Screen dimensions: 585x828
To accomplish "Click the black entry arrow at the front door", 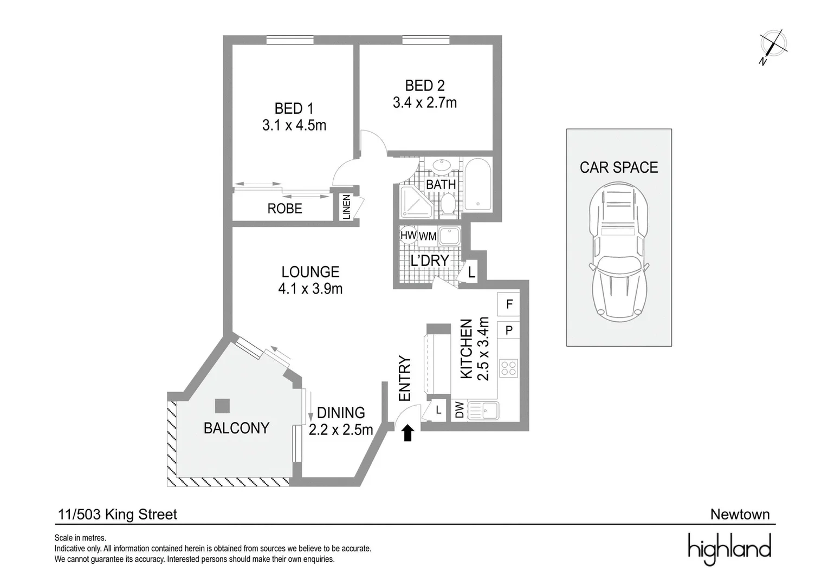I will (x=408, y=433).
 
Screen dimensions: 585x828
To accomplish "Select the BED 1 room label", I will (x=294, y=108).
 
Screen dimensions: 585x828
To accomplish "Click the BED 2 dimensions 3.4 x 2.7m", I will (x=424, y=102).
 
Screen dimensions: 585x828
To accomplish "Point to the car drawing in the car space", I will (x=619, y=250).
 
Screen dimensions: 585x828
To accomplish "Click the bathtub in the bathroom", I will (x=477, y=184).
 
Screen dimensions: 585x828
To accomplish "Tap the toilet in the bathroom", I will (x=448, y=204).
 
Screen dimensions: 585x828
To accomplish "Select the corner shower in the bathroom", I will (x=413, y=201).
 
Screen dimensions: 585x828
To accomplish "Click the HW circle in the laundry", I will (x=407, y=235).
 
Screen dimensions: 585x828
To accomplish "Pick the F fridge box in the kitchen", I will (x=509, y=304).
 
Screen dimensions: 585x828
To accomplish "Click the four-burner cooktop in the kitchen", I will (x=508, y=368).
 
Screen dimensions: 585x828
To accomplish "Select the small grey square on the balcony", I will (x=222, y=406).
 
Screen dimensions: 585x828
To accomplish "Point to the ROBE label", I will (x=284, y=209).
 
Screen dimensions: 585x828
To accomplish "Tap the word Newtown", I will (x=740, y=515).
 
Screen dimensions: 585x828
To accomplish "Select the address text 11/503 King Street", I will (x=118, y=515).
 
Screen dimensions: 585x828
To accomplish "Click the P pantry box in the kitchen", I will (x=509, y=330).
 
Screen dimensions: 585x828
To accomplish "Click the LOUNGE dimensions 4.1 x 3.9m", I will (x=310, y=289).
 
